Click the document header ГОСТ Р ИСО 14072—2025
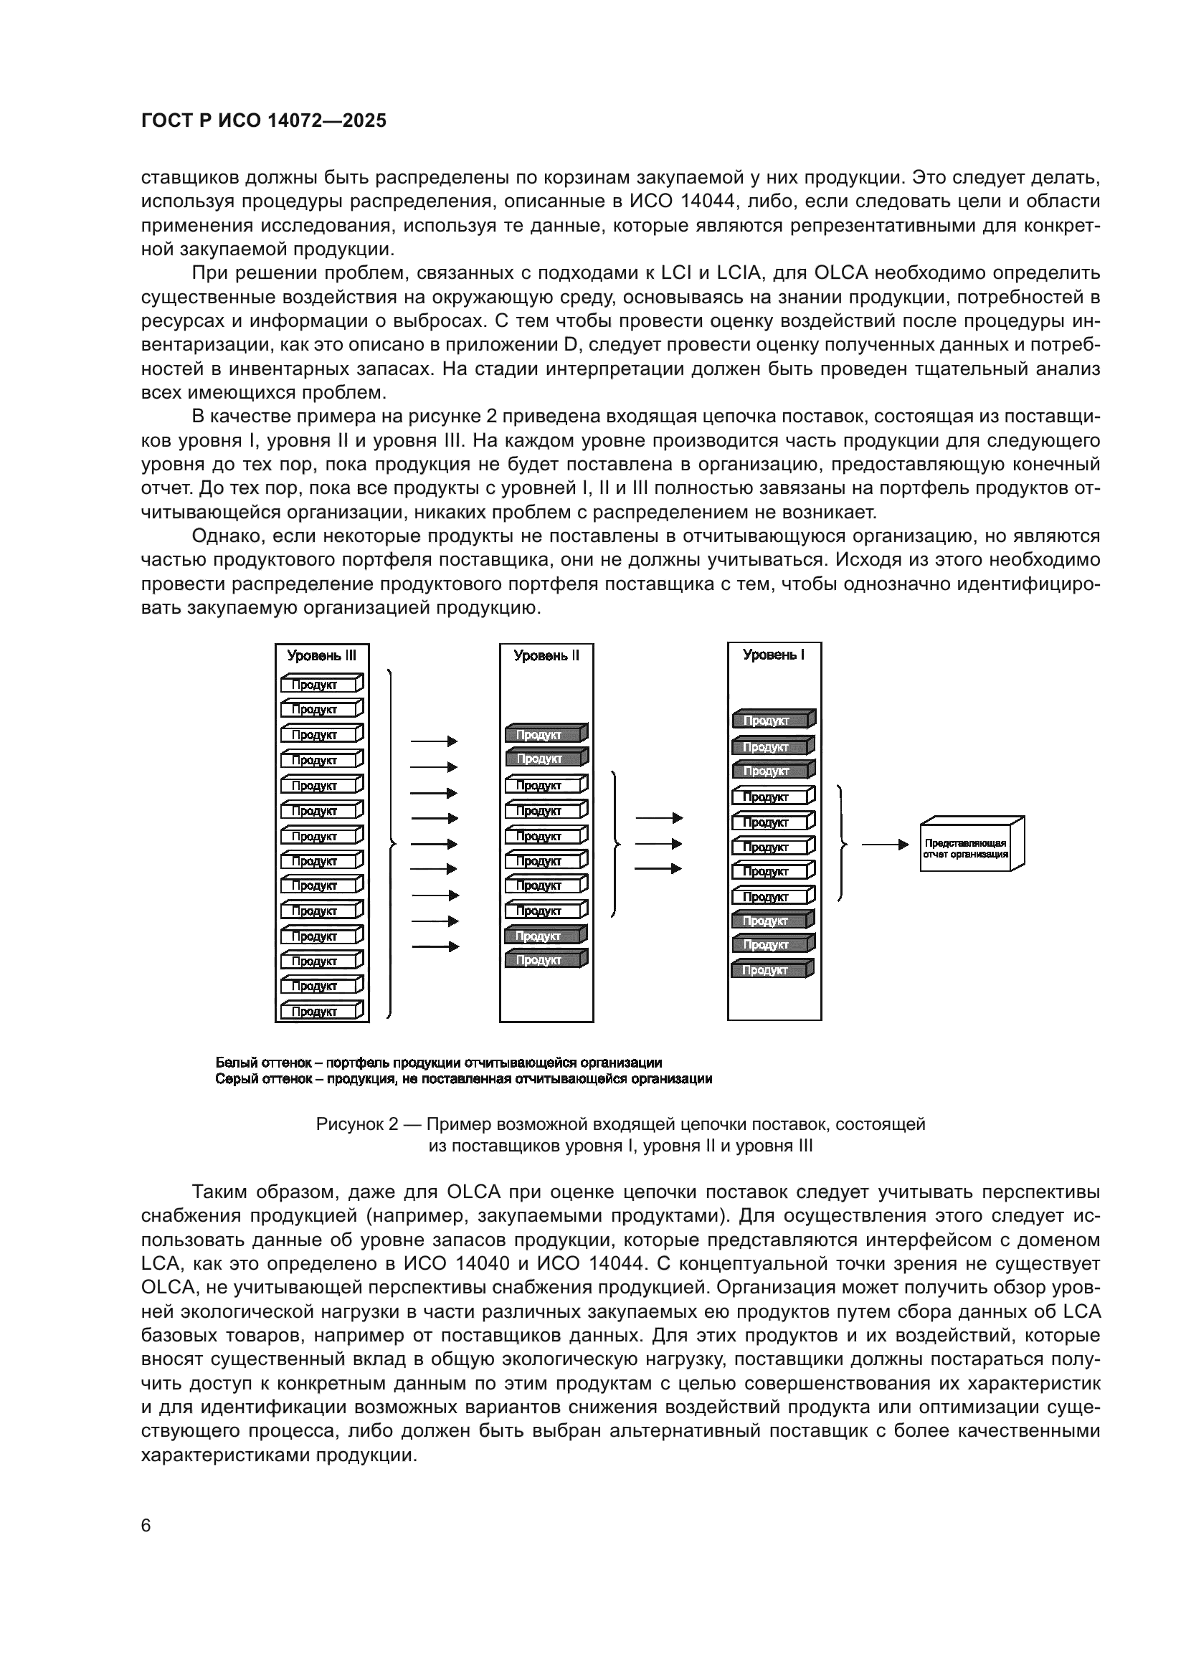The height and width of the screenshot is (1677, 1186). pos(264,121)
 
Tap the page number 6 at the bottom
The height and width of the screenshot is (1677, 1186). pos(146,1526)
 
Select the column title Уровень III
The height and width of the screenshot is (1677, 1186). pos(321,656)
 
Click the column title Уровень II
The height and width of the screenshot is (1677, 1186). pos(546,656)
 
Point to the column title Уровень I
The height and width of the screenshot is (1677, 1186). pos(774,655)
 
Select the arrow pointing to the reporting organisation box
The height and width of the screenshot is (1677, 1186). pos(884,845)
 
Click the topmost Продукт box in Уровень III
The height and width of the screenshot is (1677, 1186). pos(321,685)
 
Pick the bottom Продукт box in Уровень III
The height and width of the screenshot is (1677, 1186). pos(321,1012)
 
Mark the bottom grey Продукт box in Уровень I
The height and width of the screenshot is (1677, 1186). pos(772,970)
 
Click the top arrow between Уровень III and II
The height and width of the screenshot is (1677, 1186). pos(434,741)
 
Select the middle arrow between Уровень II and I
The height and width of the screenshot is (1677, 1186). pos(658,844)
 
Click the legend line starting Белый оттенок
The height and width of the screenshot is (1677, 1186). pos(439,1063)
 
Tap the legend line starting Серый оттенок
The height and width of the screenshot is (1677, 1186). pos(464,1079)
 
